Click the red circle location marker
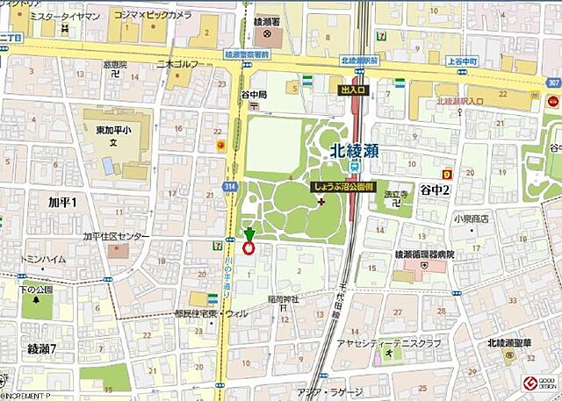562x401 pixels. [249, 247]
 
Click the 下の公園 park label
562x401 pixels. [37, 289]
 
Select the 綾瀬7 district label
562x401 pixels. [40, 349]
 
